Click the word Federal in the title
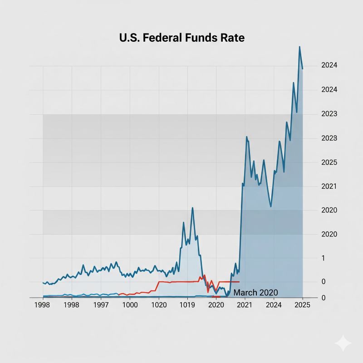coord(157,38)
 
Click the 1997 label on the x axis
coord(101,305)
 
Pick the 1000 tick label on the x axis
coord(130,305)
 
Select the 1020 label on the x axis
coord(159,305)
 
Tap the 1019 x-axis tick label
coord(187,305)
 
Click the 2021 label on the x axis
coord(245,305)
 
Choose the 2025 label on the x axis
coord(302,305)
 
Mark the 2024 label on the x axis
coord(274,305)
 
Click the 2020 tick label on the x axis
coord(216,305)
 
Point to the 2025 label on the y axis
coord(329,162)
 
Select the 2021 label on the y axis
coord(329,186)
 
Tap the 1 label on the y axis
coord(324,258)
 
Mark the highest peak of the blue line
coord(299,47)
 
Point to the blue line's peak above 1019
coord(192,208)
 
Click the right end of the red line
coord(239,282)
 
